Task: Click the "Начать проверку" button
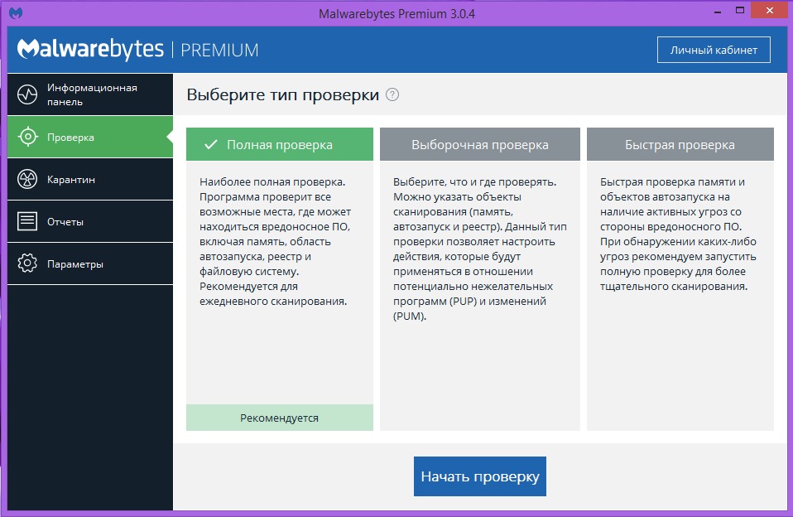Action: click(479, 476)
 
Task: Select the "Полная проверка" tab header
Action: click(280, 144)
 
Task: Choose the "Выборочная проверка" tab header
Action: click(480, 144)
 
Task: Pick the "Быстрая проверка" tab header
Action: click(680, 144)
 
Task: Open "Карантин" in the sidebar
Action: click(90, 179)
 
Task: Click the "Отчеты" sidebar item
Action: click(90, 221)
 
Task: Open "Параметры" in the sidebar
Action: click(90, 263)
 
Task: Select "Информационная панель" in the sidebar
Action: click(90, 94)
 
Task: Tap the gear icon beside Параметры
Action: click(27, 263)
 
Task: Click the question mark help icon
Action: click(392, 94)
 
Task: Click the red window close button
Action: click(769, 10)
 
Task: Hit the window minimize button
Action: click(718, 11)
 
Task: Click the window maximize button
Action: click(740, 10)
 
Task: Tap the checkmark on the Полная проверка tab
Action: click(211, 145)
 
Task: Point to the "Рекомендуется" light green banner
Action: click(280, 418)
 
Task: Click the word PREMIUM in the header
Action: click(219, 51)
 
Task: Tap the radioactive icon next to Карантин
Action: click(27, 179)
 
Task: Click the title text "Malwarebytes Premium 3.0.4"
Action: click(396, 14)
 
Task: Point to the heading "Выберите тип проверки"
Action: click(283, 94)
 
